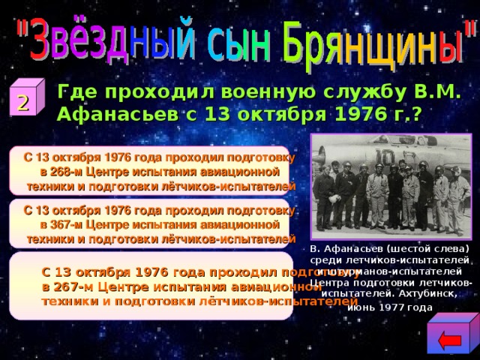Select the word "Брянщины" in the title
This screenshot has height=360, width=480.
point(375,41)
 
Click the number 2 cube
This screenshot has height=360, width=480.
point(24,104)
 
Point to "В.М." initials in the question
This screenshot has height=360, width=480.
point(439,92)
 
